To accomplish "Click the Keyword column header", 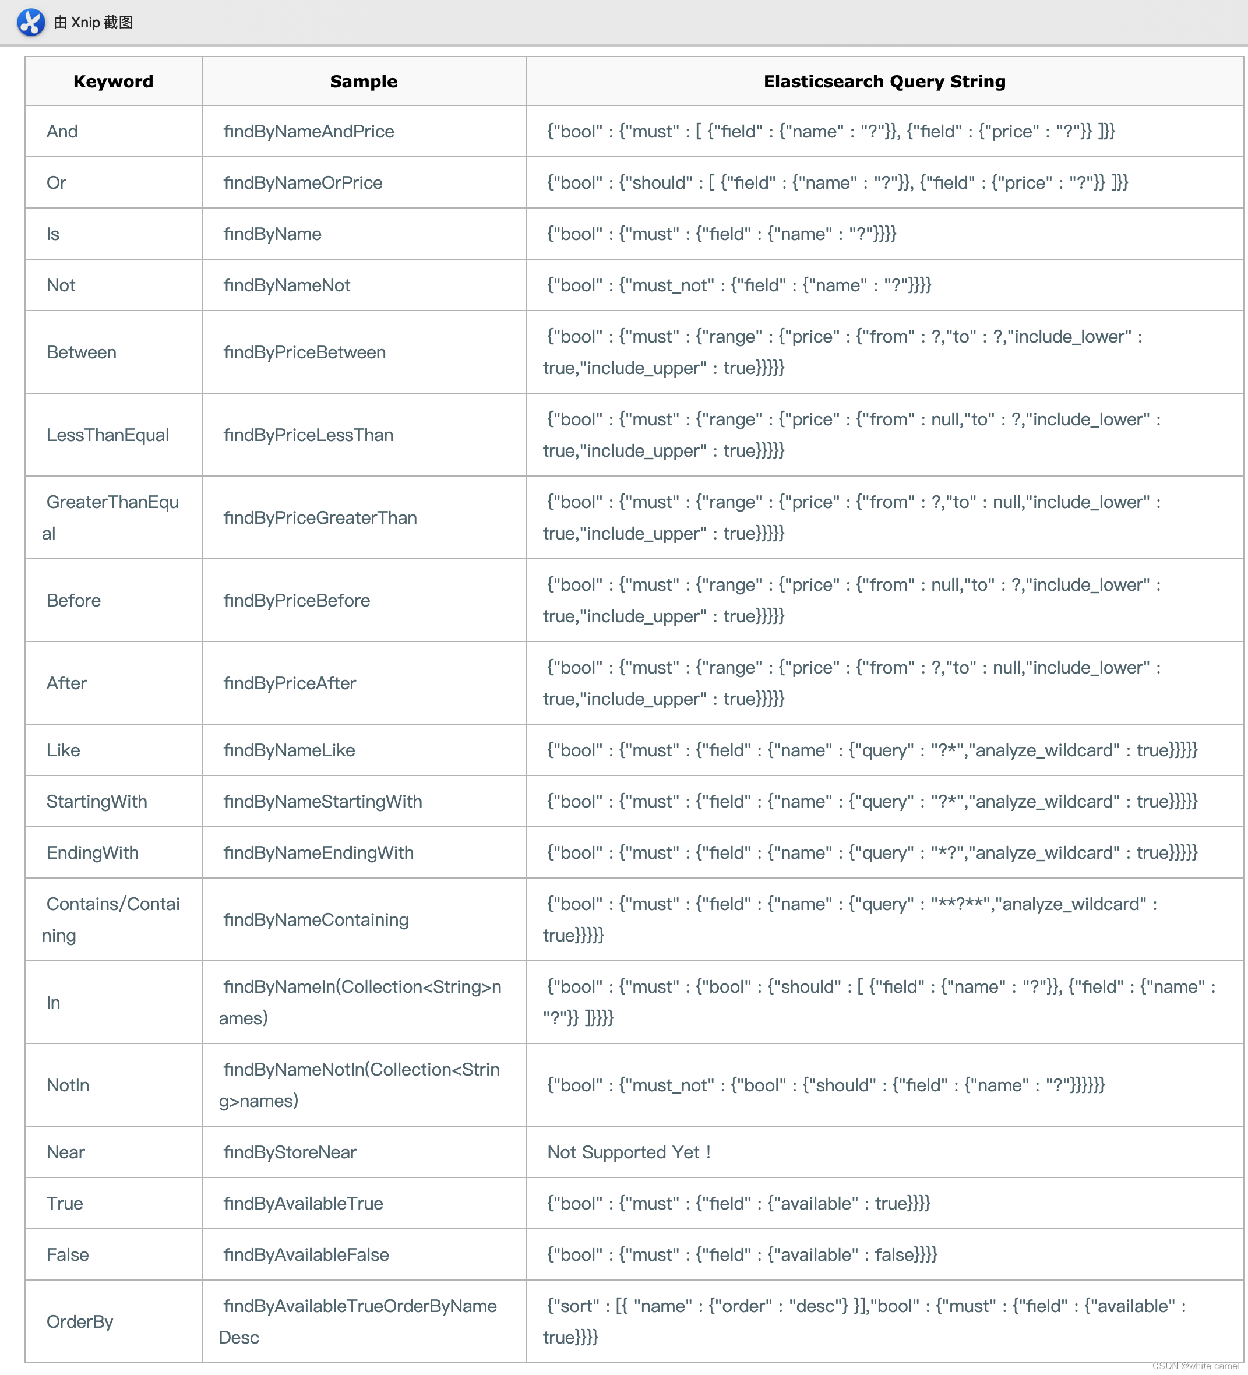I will pos(113,82).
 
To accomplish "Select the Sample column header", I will pos(364,82).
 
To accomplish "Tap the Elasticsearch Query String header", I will pos(884,82).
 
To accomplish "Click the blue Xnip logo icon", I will pos(31,23).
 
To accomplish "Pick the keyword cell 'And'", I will pos(62,132).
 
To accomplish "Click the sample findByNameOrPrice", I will pos(303,183).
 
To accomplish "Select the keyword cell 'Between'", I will pos(81,352).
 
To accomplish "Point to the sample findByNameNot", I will pos(287,285).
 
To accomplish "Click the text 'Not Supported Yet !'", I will pos(629,1152).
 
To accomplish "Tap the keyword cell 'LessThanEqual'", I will pos(107,435).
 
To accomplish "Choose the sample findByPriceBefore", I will pos(297,600).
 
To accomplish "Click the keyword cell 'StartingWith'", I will pos(96,801).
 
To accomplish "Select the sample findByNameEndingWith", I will pos(319,852).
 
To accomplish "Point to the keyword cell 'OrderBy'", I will pos(80,1322).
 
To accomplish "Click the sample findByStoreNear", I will pos(290,1152).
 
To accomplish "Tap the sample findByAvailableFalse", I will pos(306,1255).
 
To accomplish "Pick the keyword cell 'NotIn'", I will pos(68,1085).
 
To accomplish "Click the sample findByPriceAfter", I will pos(290,683).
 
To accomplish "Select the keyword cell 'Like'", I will pos(63,750).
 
